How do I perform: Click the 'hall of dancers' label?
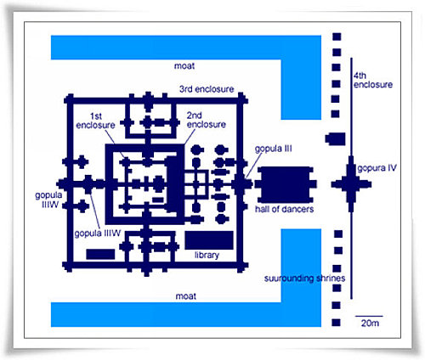(x=284, y=209)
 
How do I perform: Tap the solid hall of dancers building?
(x=286, y=184)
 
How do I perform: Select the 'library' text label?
(x=207, y=256)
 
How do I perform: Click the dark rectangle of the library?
(x=209, y=240)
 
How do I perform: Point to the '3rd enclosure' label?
(x=207, y=89)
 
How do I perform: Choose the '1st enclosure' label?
(x=95, y=121)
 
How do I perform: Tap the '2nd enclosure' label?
(x=207, y=120)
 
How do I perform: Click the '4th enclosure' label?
(x=373, y=80)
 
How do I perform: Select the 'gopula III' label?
(x=273, y=149)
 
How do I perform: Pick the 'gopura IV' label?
(x=377, y=168)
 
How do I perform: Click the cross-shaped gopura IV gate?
(x=351, y=184)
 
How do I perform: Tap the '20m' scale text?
(x=370, y=323)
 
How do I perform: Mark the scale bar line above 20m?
(x=369, y=316)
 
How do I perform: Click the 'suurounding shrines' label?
(x=304, y=278)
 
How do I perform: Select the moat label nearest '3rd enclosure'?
(x=184, y=66)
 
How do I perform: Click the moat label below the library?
(x=186, y=296)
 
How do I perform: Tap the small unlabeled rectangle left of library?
(x=100, y=254)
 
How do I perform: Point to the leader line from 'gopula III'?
(x=254, y=165)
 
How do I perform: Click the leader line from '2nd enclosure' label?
(x=190, y=137)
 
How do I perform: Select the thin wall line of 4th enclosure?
(x=351, y=178)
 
